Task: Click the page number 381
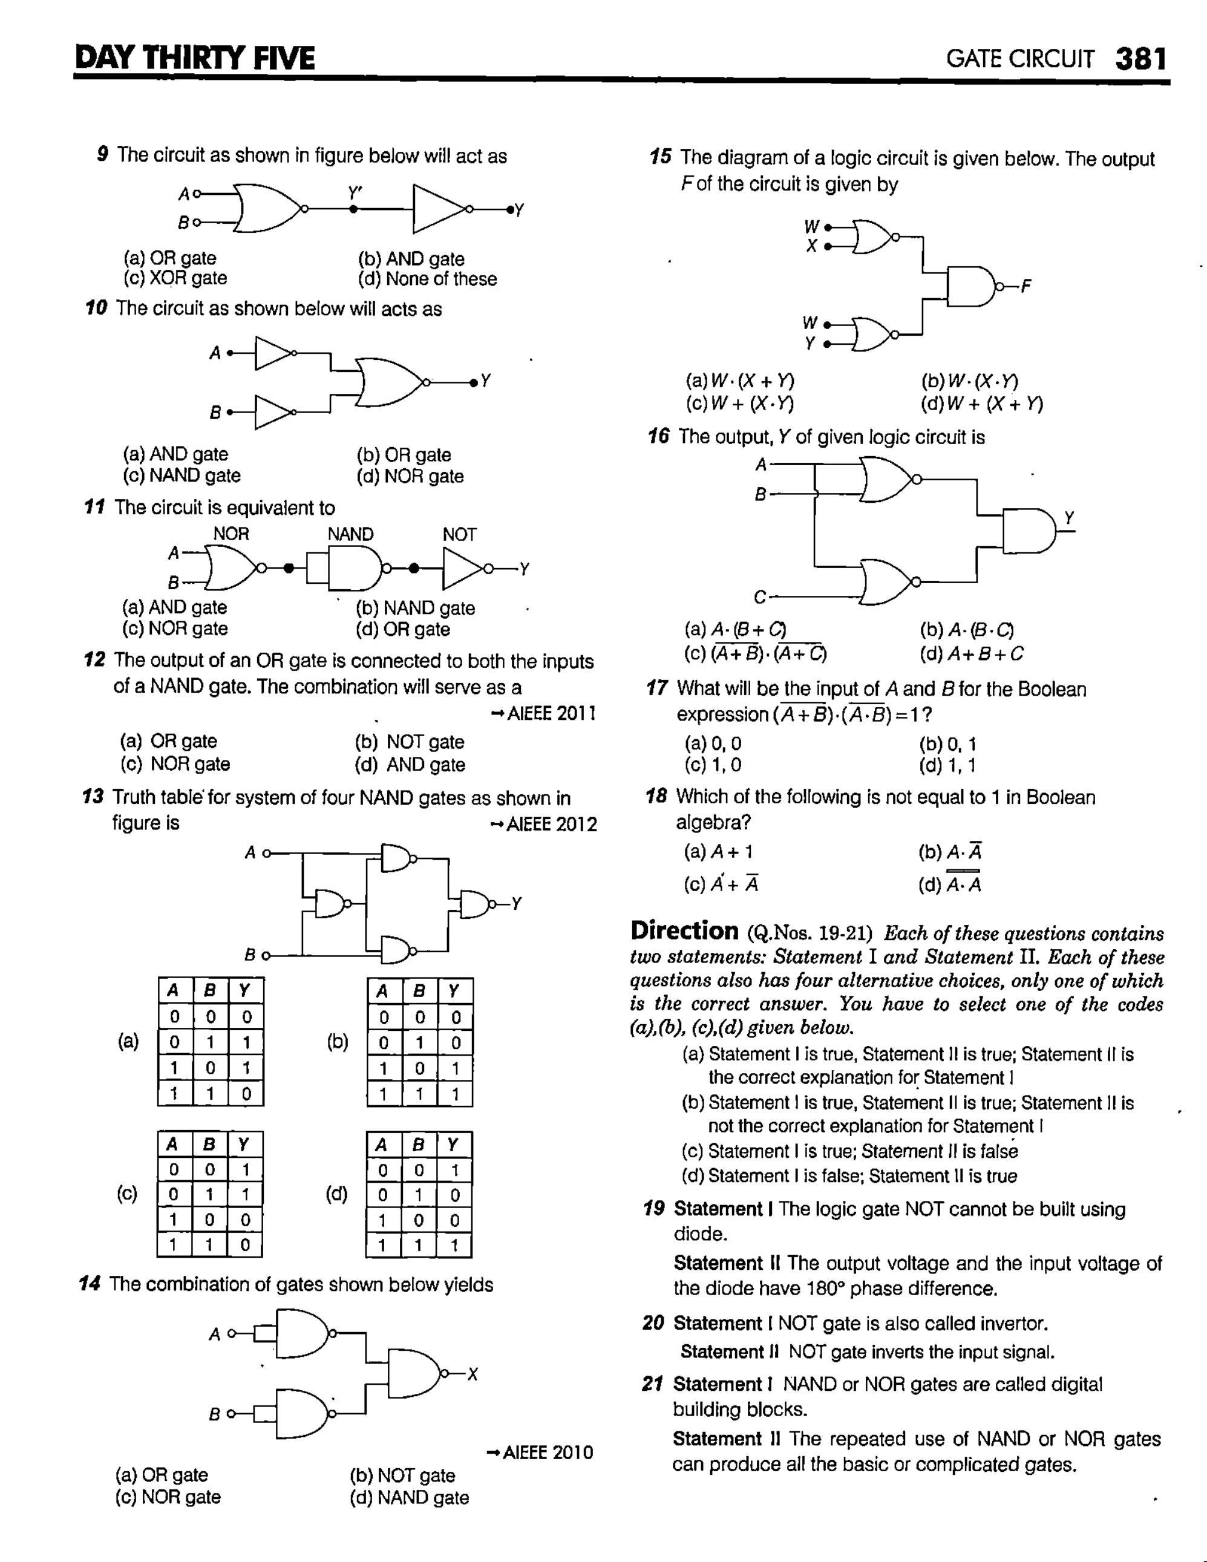click(1141, 59)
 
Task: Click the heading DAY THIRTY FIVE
click(195, 58)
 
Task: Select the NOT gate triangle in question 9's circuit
click(438, 209)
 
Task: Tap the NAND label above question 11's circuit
click(350, 534)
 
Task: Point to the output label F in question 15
click(1026, 287)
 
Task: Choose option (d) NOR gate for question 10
click(410, 476)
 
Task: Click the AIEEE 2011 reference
click(544, 714)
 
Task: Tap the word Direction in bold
click(684, 930)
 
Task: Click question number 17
click(657, 688)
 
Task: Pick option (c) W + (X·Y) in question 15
click(740, 404)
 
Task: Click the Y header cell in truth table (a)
click(244, 990)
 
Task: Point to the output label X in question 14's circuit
click(472, 1374)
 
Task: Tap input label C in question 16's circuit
click(760, 596)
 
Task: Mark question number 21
click(653, 1385)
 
